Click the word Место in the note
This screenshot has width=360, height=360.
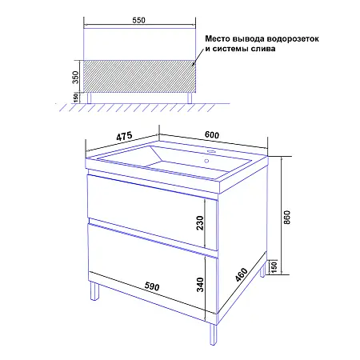point(220,37)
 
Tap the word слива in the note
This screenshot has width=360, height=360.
point(262,49)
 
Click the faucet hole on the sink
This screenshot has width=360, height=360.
point(213,150)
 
